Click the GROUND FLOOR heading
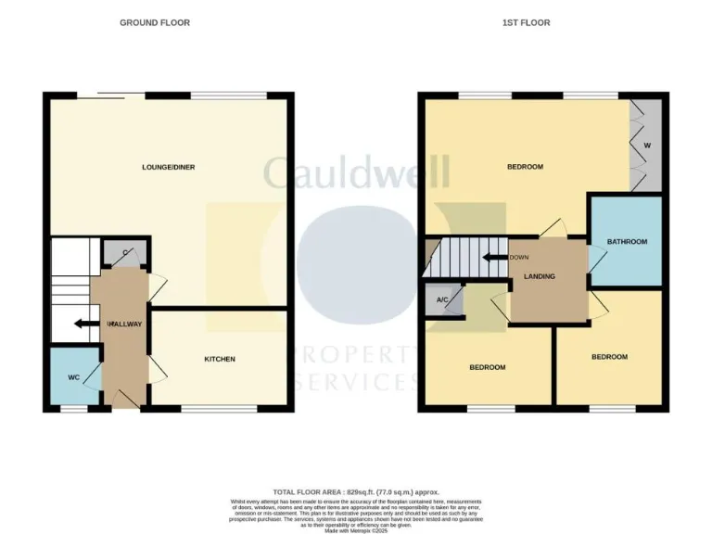[x=155, y=22]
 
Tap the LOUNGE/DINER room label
[x=168, y=167]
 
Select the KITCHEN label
[x=220, y=359]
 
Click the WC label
[x=74, y=378]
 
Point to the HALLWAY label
[x=125, y=324]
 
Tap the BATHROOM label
[x=627, y=242]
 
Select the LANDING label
[x=540, y=276]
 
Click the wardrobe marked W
[x=647, y=146]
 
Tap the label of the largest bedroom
[x=525, y=167]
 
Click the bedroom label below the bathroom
[x=609, y=356]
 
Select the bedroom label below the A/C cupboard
[x=487, y=367]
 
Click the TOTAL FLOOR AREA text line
[x=356, y=491]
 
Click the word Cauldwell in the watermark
[x=356, y=172]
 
